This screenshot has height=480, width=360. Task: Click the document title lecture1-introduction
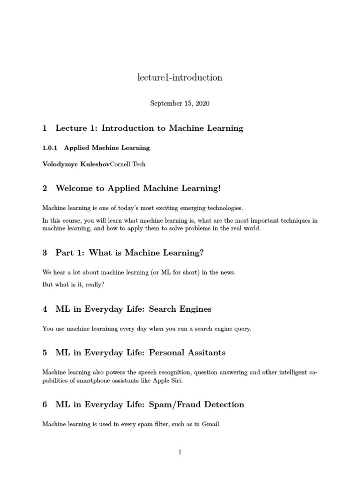(180, 78)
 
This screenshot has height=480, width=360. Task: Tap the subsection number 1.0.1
(49, 148)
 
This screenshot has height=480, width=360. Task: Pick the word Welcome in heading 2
(75, 188)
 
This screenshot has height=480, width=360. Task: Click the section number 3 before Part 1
(45, 253)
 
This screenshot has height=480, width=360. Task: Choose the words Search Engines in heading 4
(180, 309)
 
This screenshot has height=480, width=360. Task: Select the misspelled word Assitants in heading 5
(195, 352)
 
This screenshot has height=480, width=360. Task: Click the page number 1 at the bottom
(180, 452)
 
